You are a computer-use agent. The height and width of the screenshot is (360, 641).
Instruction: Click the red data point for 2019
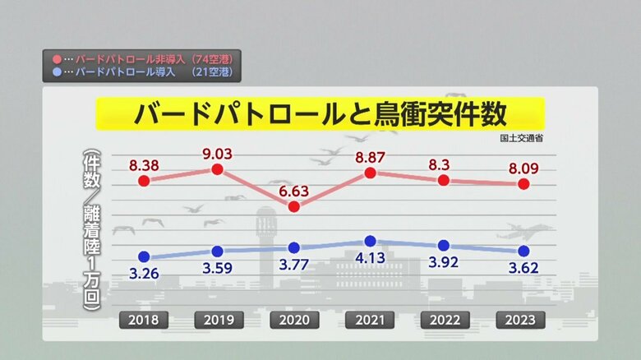point(218,169)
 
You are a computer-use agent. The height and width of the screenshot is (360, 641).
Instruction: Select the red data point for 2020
point(294,206)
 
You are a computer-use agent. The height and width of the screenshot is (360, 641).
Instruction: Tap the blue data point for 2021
point(370,241)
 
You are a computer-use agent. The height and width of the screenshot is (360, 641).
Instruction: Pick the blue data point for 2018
point(144,256)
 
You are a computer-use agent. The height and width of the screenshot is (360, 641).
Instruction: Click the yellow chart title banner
point(320,113)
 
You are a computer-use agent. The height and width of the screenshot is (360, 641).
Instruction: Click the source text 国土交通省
point(520,137)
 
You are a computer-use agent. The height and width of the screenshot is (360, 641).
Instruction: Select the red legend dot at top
point(56,60)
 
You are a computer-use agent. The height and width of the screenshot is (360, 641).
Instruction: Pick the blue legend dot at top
point(56,72)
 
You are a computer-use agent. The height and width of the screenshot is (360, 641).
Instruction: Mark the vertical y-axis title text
point(91,230)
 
